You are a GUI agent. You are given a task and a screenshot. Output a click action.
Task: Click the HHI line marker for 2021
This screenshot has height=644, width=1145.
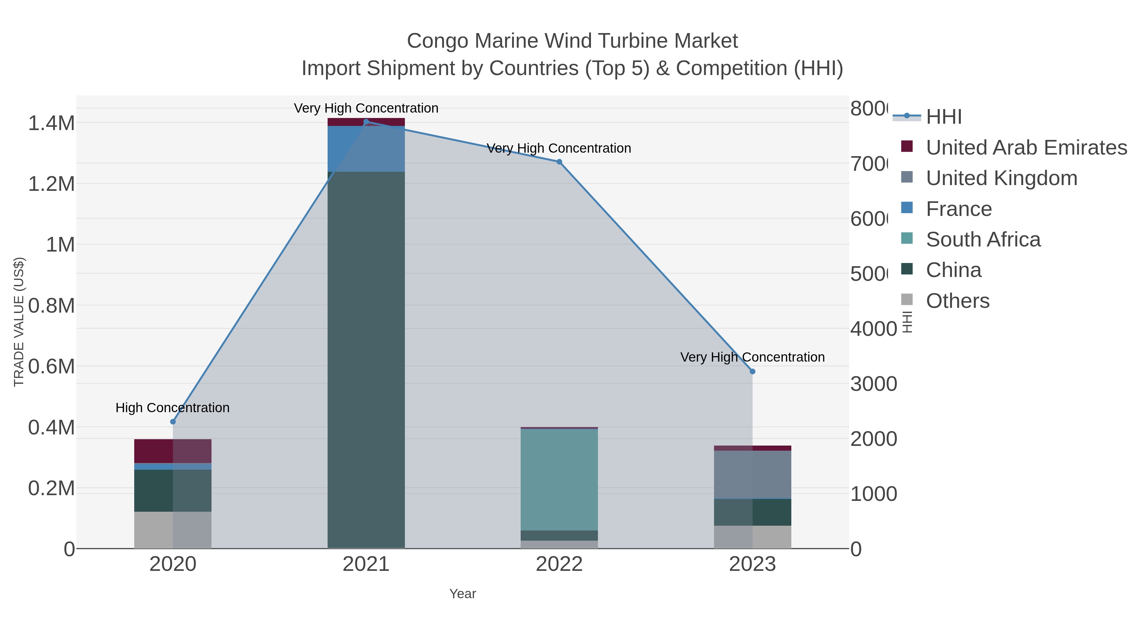[x=366, y=122]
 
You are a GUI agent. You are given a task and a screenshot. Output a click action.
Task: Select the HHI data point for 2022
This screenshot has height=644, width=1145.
[x=559, y=162]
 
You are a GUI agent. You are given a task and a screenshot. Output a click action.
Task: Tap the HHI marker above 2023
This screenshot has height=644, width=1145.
[x=752, y=371]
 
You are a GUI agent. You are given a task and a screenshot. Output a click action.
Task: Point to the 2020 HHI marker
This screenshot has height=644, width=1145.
[x=173, y=422]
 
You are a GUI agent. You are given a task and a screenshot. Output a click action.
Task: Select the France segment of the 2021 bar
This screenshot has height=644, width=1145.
[x=366, y=149]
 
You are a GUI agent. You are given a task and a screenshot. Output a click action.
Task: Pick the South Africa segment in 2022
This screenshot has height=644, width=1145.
[x=559, y=479]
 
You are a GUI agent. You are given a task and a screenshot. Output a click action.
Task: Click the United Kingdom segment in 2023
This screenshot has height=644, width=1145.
[x=752, y=475]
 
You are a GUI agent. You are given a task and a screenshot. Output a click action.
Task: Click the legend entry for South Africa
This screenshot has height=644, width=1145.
[x=983, y=239]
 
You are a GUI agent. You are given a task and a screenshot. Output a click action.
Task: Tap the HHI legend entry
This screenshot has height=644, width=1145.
[x=943, y=117]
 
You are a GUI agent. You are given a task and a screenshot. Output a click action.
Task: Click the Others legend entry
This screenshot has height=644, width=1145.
[x=957, y=301]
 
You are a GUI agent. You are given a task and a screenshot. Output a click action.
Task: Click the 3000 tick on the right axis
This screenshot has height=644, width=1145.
[x=873, y=384]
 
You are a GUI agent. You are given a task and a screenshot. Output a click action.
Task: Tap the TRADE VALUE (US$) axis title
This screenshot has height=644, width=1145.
[x=19, y=322]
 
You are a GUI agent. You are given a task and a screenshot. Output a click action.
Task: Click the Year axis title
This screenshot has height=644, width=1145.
[x=462, y=594]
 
